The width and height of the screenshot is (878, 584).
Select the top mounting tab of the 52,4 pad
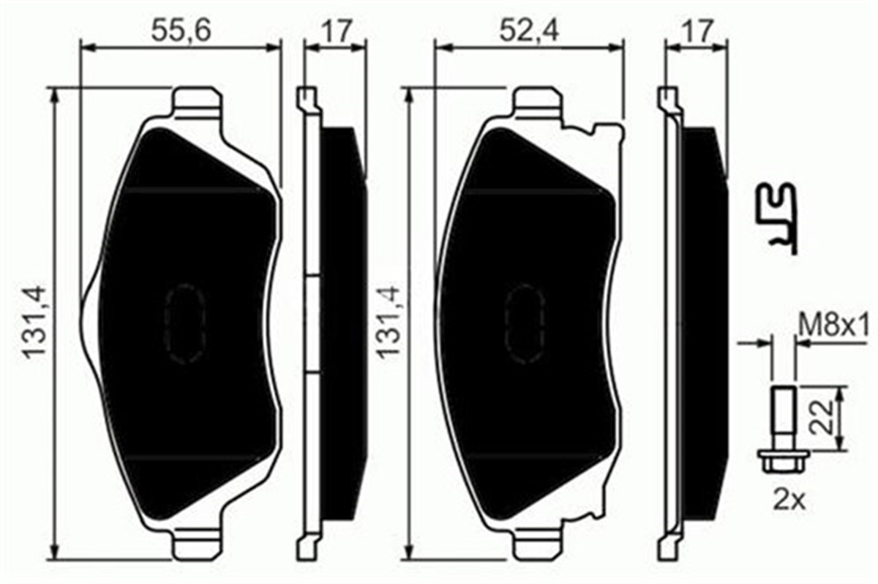click(x=537, y=102)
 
